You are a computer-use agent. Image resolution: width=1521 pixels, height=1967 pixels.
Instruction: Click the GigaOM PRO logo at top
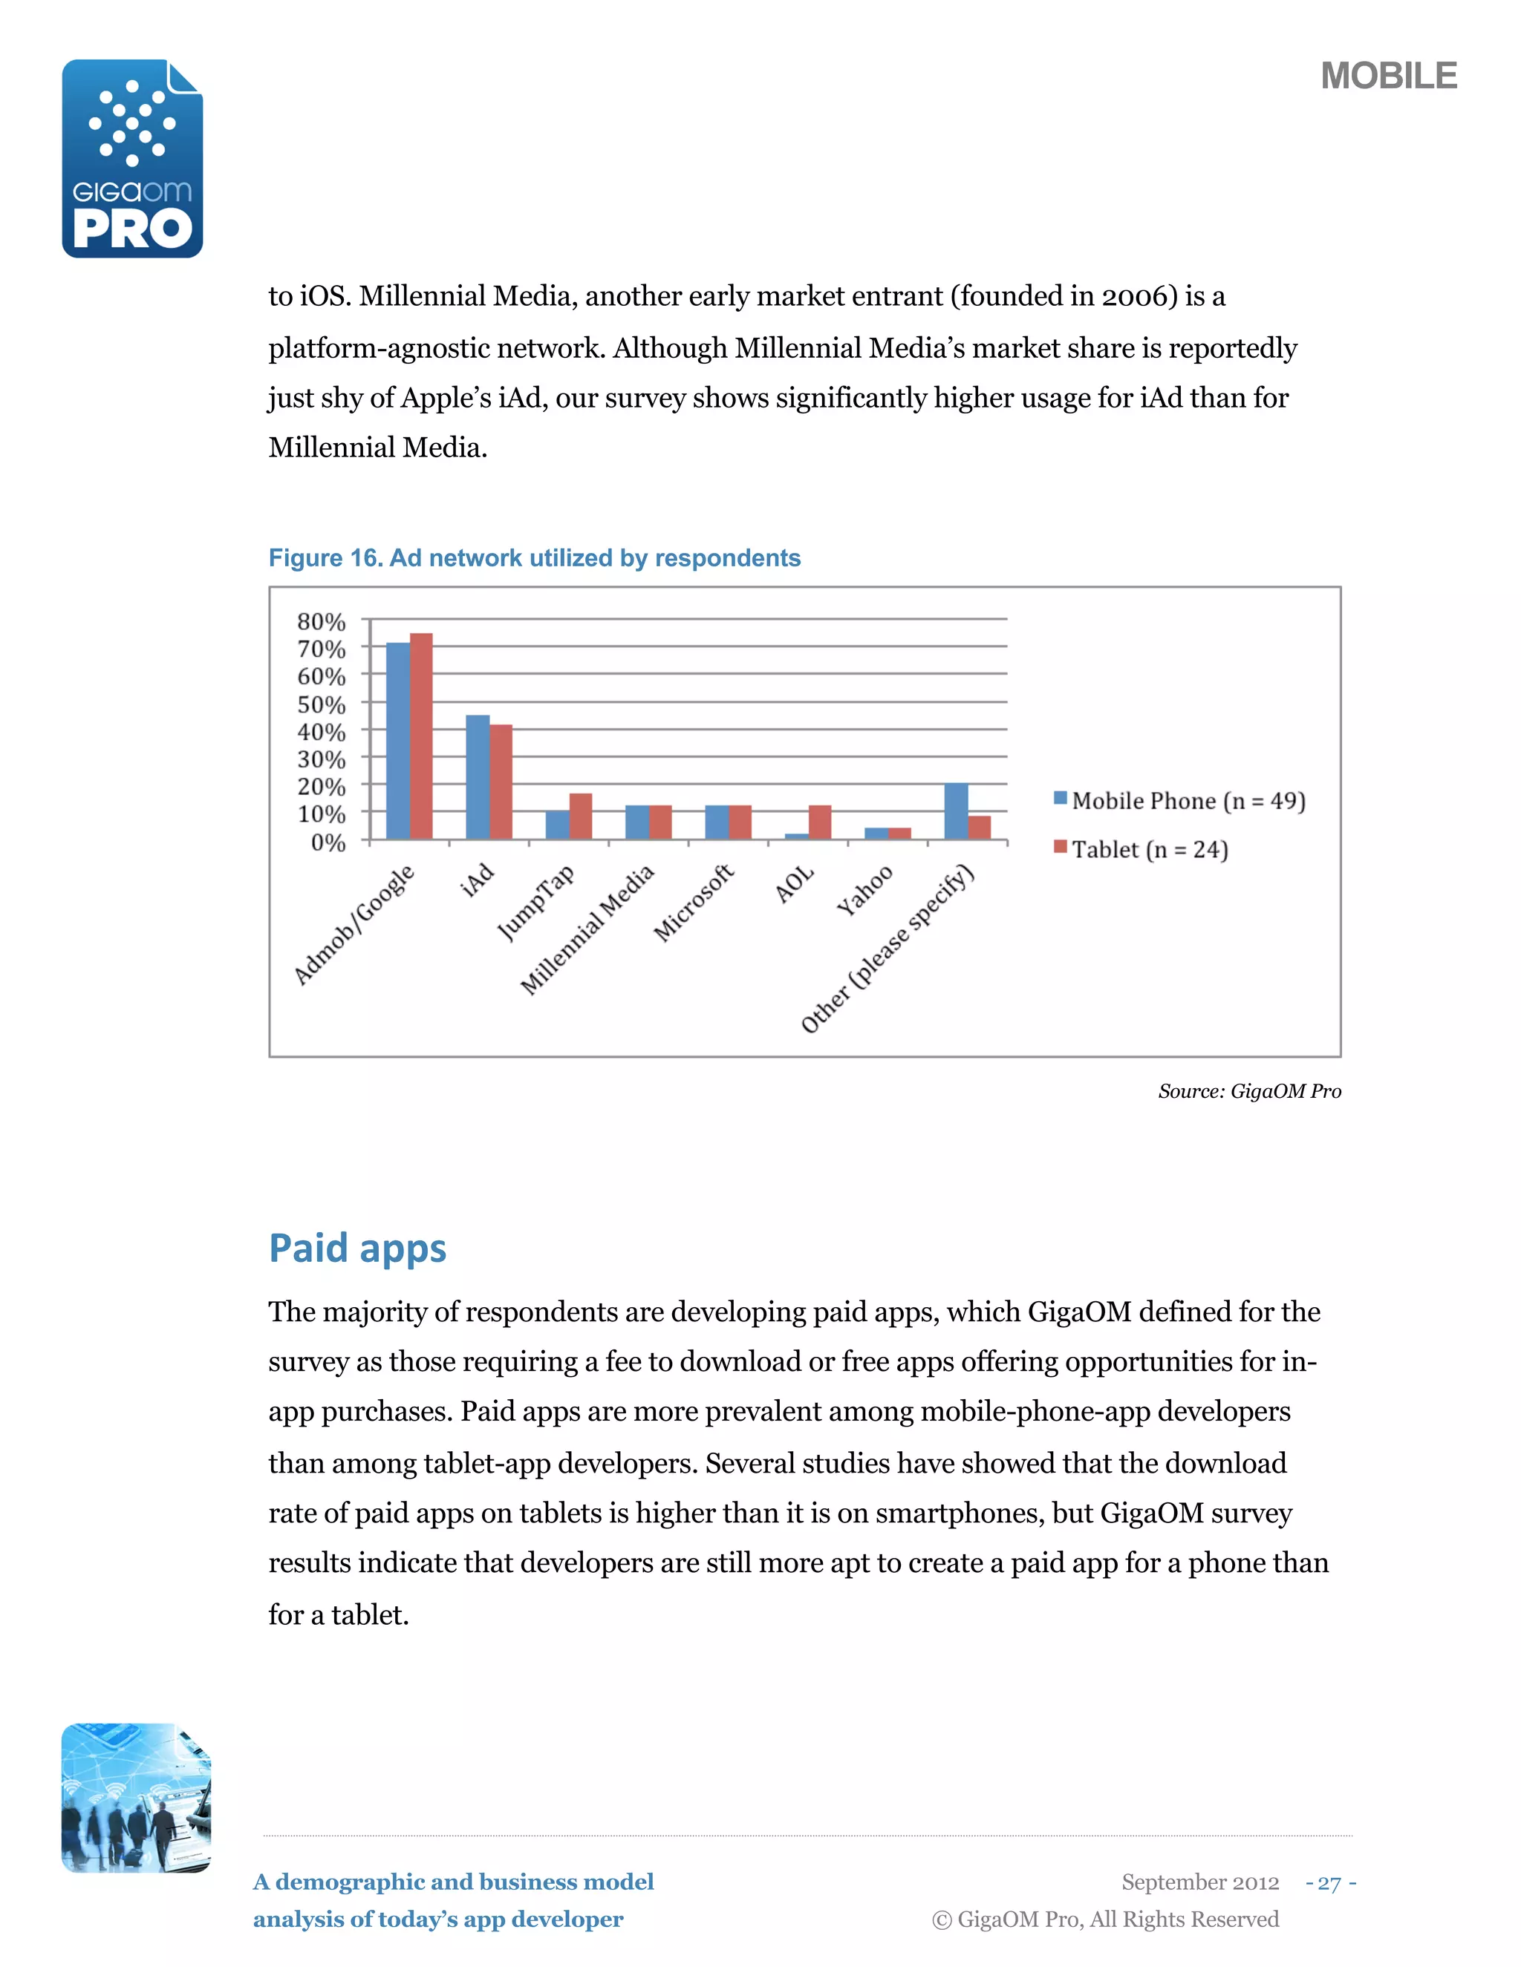pos(132,159)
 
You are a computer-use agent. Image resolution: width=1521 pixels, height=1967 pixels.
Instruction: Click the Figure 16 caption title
pos(534,558)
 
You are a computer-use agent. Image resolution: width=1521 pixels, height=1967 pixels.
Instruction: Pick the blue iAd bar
pos(477,776)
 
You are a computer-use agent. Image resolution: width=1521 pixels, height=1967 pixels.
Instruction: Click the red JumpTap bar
pos(580,816)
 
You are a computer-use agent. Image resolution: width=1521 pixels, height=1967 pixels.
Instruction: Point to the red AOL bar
pos(819,822)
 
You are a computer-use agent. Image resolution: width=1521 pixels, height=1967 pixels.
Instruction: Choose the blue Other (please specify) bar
pos(955,811)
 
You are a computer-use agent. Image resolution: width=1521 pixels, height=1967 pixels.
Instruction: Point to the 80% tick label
pos(322,621)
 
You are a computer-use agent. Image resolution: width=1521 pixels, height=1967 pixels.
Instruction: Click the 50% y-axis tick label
pos(322,704)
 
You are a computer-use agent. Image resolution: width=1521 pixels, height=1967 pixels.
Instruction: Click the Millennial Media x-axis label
pos(587,929)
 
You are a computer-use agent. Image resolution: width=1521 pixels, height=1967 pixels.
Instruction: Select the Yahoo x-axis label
pos(864,890)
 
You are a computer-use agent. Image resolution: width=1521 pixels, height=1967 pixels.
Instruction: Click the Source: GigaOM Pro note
pos(1249,1092)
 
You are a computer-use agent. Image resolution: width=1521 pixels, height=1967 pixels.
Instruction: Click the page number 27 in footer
pos(1329,1882)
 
